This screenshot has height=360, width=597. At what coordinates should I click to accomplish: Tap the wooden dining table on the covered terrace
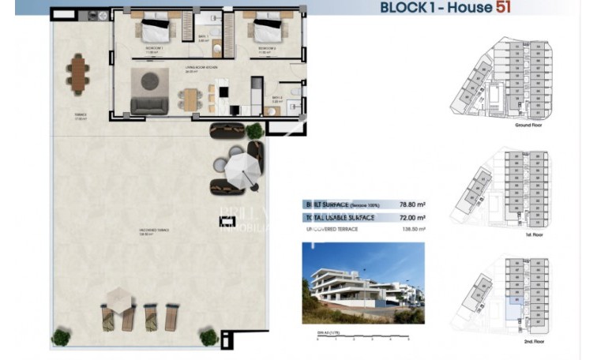[x=77, y=73]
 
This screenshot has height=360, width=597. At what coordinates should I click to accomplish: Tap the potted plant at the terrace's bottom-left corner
[x=61, y=337]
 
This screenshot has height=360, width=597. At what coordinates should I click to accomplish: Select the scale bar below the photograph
[x=362, y=337]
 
